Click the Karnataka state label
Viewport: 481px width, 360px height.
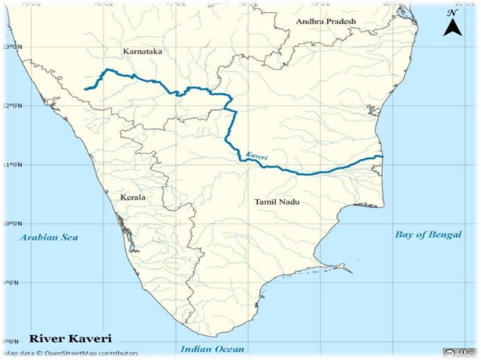(142, 51)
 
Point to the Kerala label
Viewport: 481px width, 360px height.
(132, 197)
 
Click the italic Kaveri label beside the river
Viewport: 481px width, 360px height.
(256, 155)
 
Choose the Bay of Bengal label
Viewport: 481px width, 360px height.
(427, 234)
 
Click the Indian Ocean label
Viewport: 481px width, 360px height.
(212, 349)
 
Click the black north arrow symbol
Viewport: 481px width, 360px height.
(452, 28)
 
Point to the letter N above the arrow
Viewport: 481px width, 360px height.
(452, 13)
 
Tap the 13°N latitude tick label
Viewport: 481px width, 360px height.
(11, 47)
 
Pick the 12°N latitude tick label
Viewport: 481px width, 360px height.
(11, 105)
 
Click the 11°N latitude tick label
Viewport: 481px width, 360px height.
(11, 164)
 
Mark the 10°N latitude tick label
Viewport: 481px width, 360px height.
(11, 224)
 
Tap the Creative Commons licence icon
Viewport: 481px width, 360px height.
(452, 352)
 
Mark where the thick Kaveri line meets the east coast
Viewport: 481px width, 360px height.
(382, 156)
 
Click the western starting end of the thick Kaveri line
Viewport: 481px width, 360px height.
(85, 89)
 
